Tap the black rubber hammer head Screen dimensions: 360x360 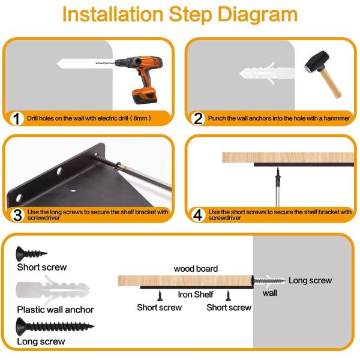click(317, 61)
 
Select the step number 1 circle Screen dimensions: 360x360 click(17, 118)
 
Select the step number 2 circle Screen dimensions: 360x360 click(198, 118)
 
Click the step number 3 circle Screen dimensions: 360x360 click(17, 215)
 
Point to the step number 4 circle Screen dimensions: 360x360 click(197, 215)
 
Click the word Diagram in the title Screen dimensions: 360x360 click(257, 14)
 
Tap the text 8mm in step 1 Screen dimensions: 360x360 click(140, 118)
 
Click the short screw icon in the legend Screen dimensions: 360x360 click(31, 254)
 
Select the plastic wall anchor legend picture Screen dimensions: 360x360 click(53, 290)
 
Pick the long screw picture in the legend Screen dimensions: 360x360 click(55, 326)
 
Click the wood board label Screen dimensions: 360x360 click(196, 269)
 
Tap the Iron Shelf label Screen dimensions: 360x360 click(196, 295)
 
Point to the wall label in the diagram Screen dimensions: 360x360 click(270, 293)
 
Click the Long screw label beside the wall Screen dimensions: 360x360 click(310, 280)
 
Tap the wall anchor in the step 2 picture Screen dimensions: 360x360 click(267, 73)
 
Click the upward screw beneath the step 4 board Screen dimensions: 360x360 click(278, 187)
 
